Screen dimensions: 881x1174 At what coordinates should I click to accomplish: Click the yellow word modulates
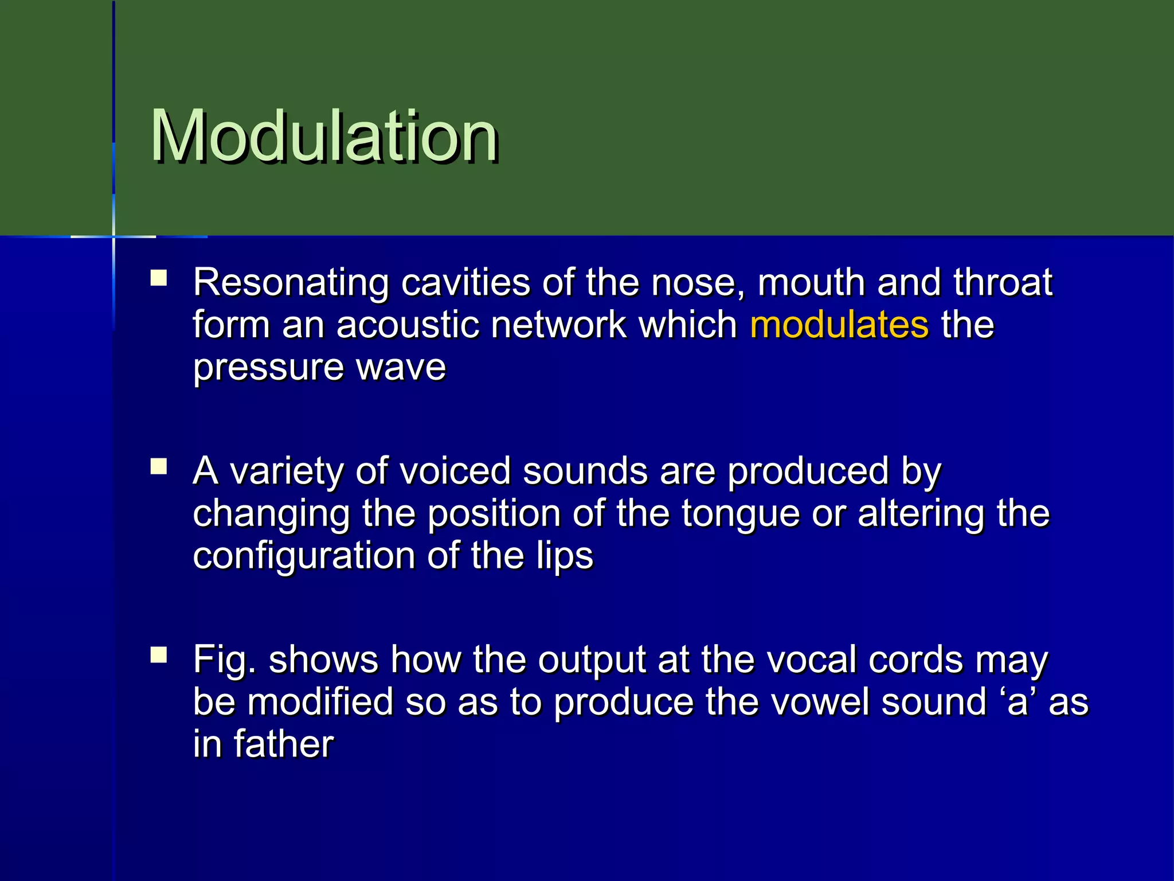tap(839, 325)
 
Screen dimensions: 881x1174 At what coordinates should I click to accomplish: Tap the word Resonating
tap(291, 283)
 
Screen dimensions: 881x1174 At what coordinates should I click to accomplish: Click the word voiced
tap(454, 471)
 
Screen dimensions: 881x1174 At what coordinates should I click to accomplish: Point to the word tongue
tap(740, 514)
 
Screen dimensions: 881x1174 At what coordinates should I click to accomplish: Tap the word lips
tap(564, 556)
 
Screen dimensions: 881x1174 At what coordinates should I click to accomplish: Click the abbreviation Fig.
tap(224, 660)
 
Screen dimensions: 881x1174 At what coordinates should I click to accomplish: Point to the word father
tap(283, 744)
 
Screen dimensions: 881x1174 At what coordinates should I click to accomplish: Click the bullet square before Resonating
tap(159, 279)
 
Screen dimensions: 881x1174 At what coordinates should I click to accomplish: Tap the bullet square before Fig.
tap(159, 655)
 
